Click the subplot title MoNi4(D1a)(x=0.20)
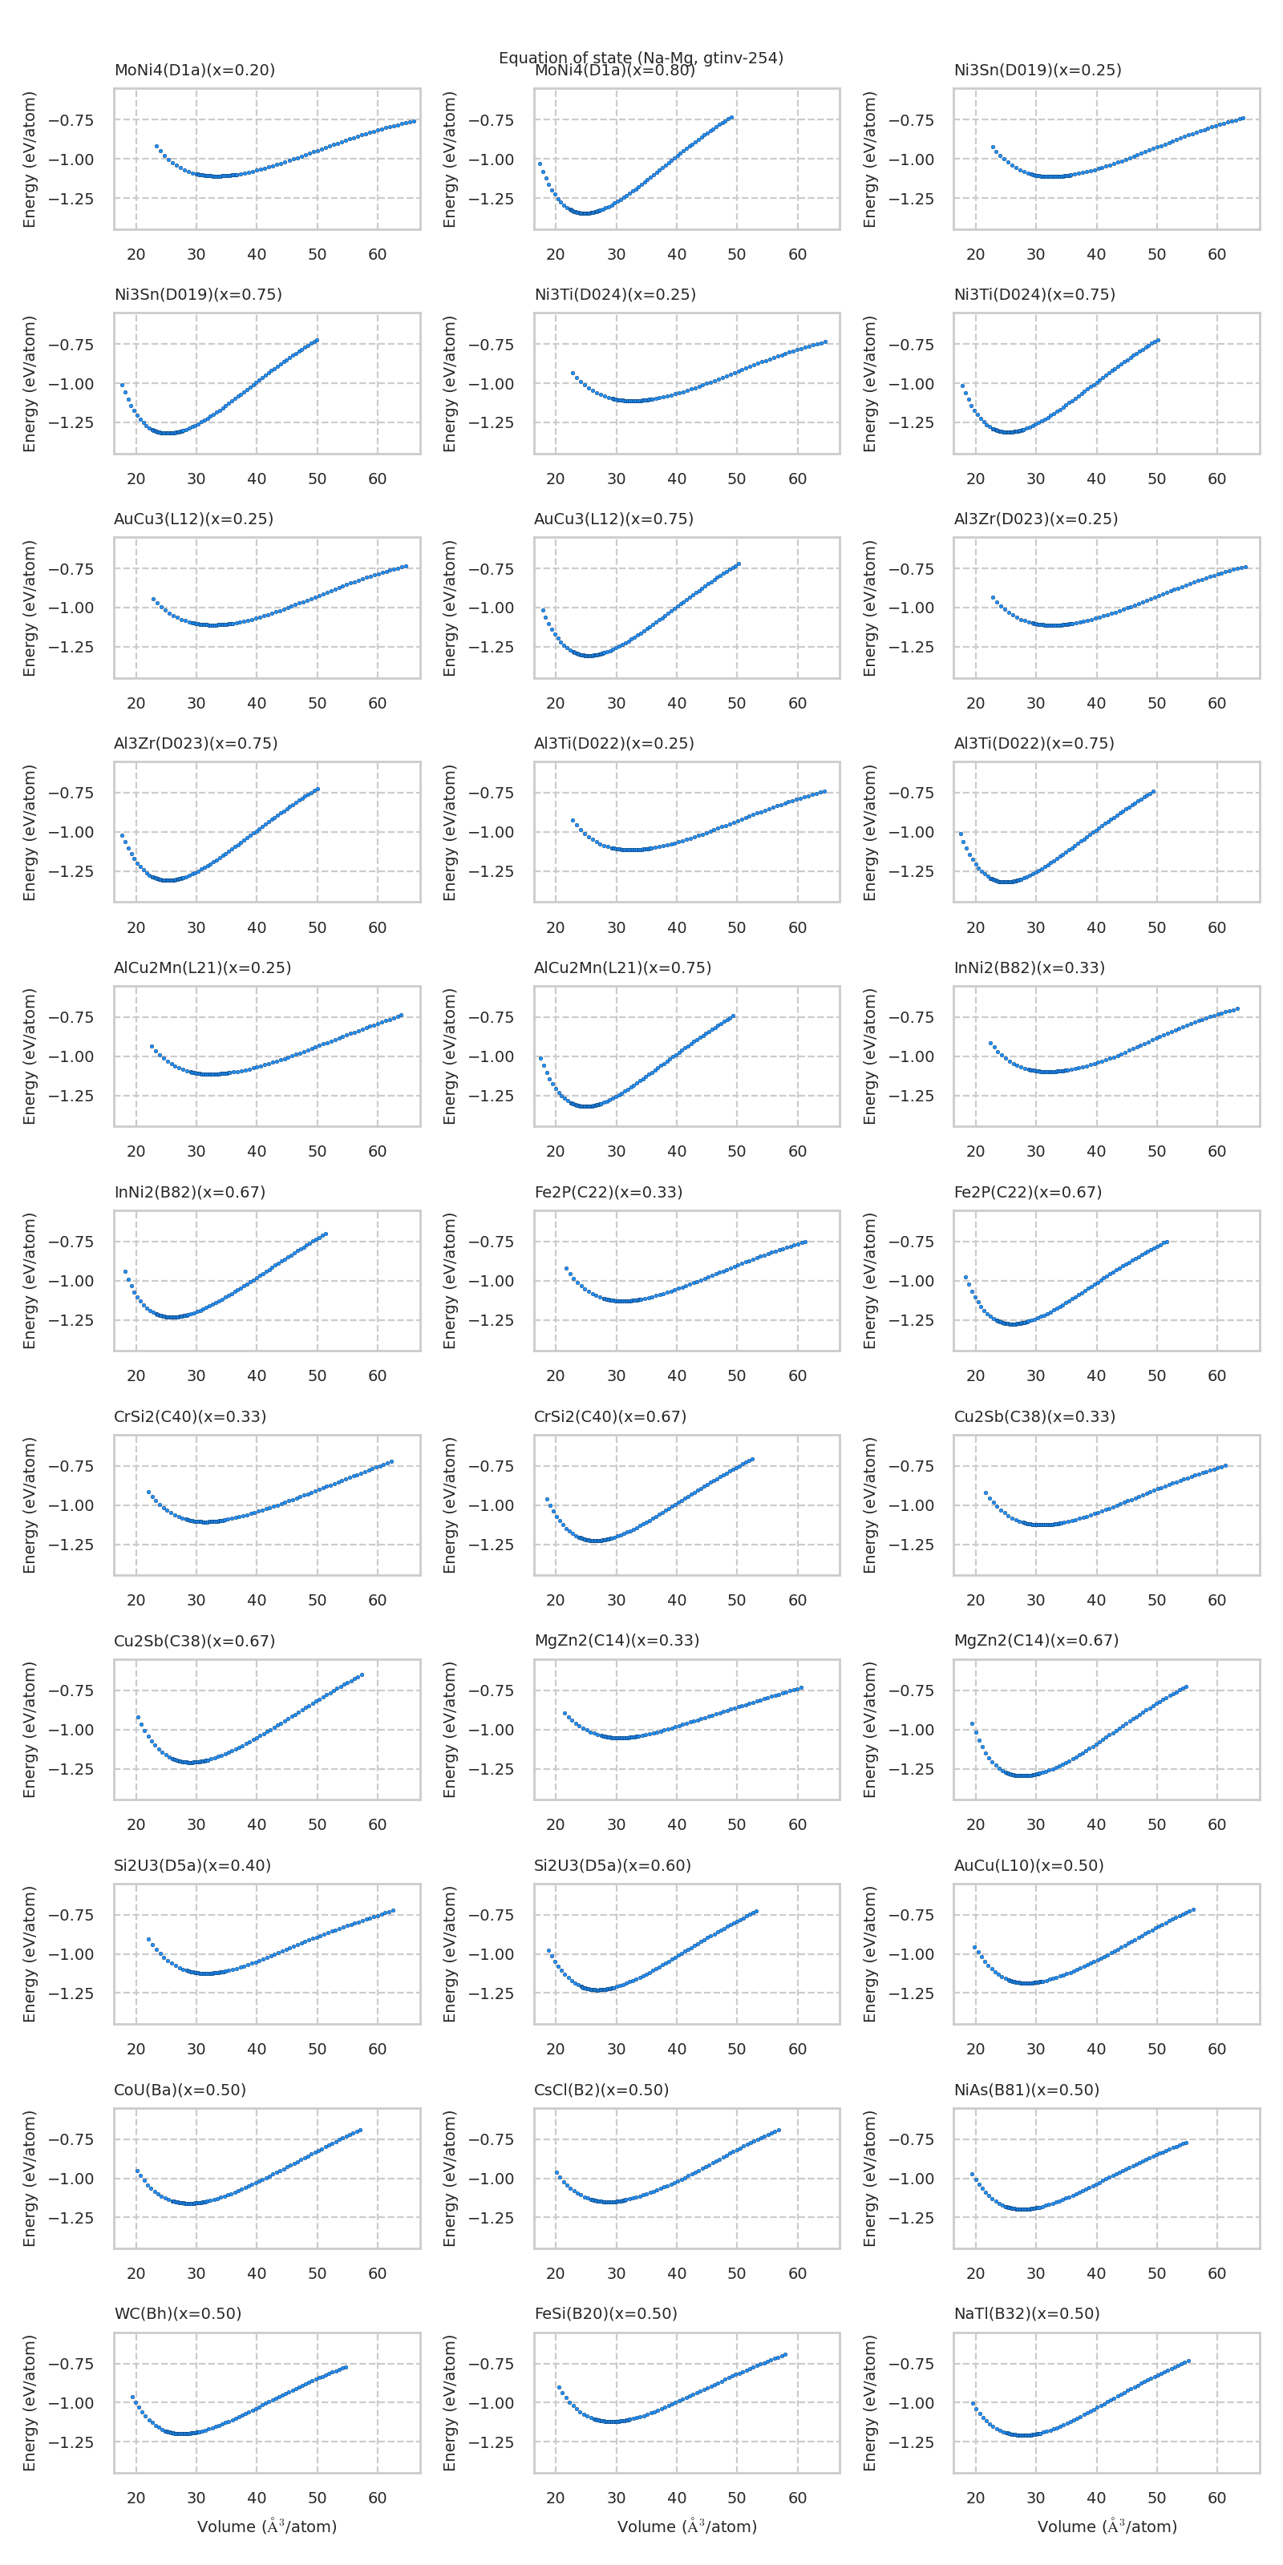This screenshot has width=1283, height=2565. [x=194, y=70]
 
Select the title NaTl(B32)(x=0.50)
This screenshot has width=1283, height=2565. [x=1026, y=2313]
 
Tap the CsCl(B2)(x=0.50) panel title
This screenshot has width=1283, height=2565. [x=601, y=2089]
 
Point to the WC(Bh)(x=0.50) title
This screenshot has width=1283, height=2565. [x=177, y=2313]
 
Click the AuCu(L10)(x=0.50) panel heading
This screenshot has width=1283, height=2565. [x=1028, y=1865]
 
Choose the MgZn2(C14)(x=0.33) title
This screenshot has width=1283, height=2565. [x=616, y=1640]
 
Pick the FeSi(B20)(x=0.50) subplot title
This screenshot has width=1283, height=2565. [x=605, y=2313]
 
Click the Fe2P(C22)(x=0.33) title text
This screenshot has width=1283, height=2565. [x=608, y=1192]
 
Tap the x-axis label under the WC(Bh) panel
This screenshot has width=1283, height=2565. [x=267, y=2527]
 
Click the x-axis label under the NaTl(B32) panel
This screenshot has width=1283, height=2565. [x=1107, y=2527]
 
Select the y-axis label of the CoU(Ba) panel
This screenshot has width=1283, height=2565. [x=30, y=2179]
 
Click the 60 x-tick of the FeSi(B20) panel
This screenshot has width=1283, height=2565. [x=797, y=2498]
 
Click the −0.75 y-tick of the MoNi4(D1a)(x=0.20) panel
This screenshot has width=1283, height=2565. [x=71, y=120]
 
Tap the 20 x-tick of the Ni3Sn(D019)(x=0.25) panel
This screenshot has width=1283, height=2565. [x=975, y=254]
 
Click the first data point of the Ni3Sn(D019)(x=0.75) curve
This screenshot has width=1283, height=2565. [x=123, y=386]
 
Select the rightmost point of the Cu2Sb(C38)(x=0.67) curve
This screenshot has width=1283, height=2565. [x=362, y=1674]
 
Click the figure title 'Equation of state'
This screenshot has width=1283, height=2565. [x=641, y=57]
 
